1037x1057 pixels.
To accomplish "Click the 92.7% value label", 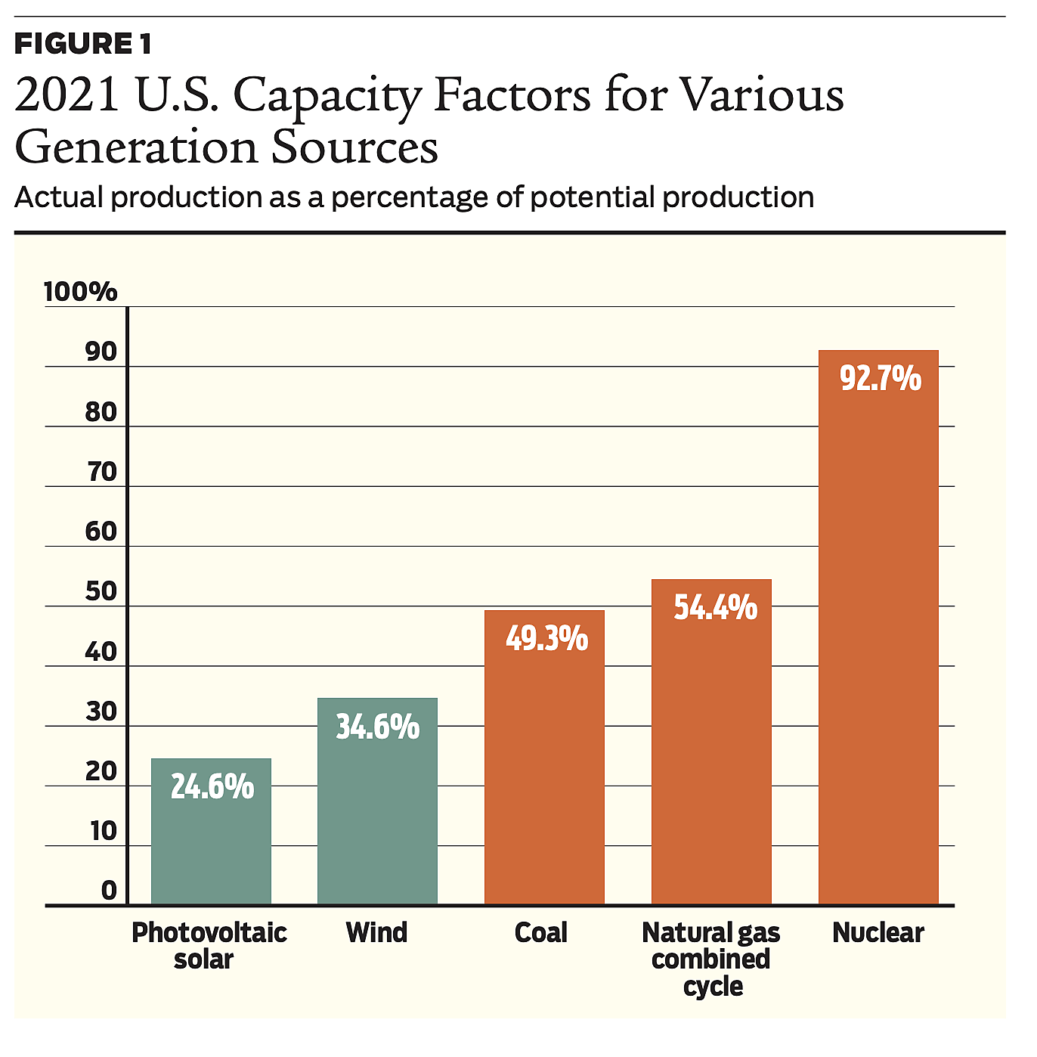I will (x=881, y=378).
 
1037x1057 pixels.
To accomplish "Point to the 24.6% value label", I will (x=212, y=787).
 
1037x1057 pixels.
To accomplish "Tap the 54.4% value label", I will (x=715, y=608).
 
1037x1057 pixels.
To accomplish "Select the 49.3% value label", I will (x=546, y=639).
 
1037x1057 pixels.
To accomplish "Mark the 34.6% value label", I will (x=378, y=727).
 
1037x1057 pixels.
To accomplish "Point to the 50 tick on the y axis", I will (x=101, y=591).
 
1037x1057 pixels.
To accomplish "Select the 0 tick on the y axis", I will (x=110, y=891).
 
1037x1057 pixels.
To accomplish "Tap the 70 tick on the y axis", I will (x=101, y=472).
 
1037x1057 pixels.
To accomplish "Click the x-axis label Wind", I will (x=376, y=933).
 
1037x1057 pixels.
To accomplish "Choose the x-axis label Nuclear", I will (x=878, y=933).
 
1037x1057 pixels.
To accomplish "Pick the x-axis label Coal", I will (x=541, y=933).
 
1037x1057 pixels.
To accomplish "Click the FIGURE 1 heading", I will (x=83, y=44).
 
